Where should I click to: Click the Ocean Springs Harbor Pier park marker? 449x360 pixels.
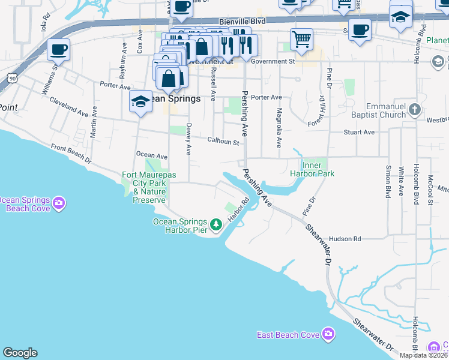coord(217,226)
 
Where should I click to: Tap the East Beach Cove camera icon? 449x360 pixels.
coord(328,334)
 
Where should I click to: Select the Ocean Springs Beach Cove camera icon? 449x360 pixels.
coord(58,203)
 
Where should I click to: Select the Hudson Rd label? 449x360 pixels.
coord(345,239)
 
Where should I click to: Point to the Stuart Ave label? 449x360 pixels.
coord(359,132)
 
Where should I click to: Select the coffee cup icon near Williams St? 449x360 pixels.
coord(58,50)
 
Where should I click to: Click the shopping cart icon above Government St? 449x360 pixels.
coord(301,40)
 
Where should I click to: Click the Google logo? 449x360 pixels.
coord(20,353)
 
